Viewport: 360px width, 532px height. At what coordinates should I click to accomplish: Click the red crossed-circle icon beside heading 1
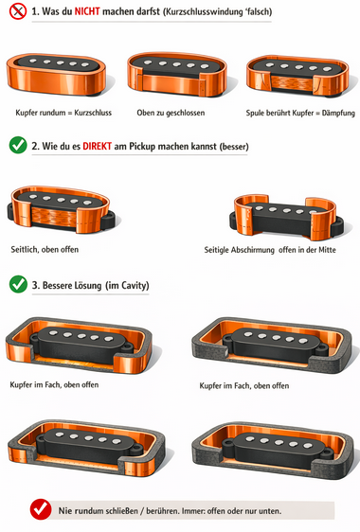pos(18,11)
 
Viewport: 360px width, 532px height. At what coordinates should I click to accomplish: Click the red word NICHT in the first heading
pos(87,11)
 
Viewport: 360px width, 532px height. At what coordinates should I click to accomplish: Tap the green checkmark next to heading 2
pos(18,146)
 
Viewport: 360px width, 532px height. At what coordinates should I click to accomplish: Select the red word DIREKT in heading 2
pos(98,146)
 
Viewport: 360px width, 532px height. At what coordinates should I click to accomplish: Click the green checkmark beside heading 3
pos(18,284)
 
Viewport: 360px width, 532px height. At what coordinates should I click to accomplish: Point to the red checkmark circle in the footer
pos(41,509)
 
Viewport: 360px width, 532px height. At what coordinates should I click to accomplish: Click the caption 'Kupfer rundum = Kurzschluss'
pos(63,113)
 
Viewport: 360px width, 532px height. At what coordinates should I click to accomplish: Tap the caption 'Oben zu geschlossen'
pos(171,113)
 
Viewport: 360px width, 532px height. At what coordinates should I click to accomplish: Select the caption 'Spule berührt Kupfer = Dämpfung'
pos(300,113)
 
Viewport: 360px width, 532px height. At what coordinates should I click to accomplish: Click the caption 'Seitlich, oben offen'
pos(45,249)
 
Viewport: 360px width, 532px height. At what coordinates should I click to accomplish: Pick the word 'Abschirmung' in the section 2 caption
pos(253,250)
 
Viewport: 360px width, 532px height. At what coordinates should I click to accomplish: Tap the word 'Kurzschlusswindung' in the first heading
pos(203,12)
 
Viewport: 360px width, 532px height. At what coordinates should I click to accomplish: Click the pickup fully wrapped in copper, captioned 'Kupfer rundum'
pos(57,74)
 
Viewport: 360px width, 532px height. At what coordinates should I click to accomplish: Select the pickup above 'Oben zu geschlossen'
pos(176,74)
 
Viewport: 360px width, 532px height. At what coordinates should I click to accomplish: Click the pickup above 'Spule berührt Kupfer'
pos(297,77)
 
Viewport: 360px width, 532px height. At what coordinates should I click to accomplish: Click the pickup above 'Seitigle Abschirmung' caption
pos(286,216)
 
